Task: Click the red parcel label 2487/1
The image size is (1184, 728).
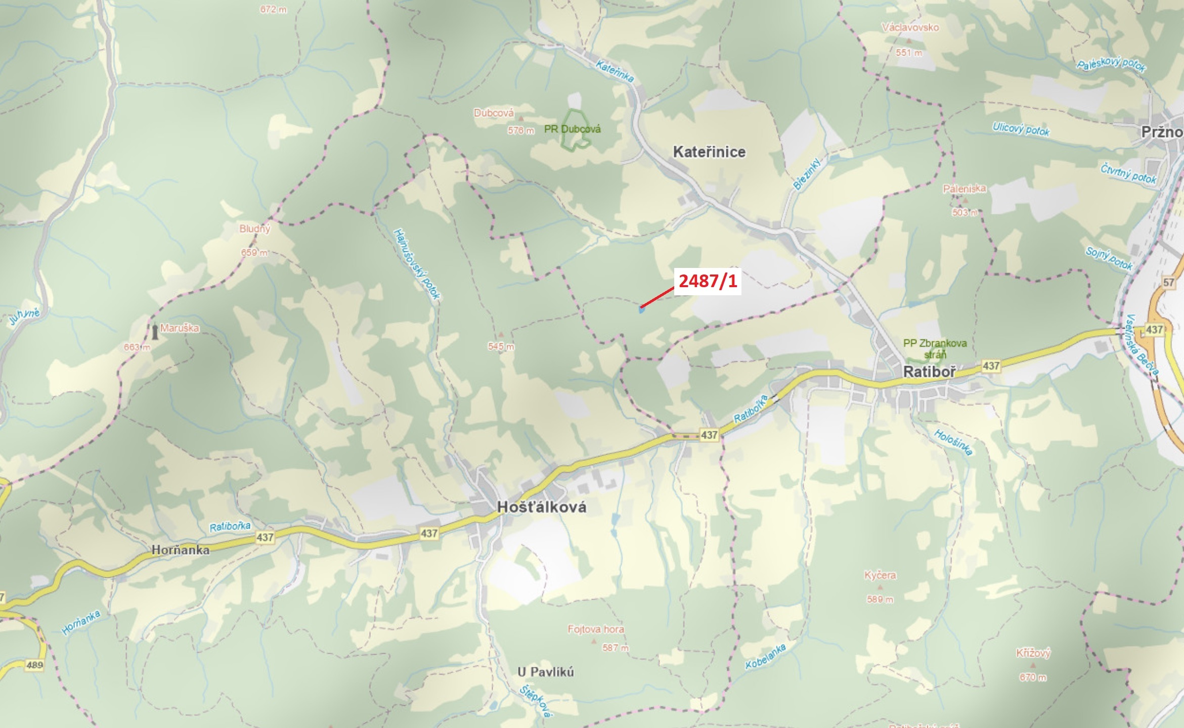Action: point(708,281)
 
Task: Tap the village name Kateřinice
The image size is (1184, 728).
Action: point(709,152)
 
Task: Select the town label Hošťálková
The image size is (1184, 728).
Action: point(542,507)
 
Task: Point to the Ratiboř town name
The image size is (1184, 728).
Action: point(930,372)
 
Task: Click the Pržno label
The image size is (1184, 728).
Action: point(1162,132)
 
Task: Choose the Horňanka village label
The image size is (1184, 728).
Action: point(181,550)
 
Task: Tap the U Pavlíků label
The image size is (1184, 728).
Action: point(545,672)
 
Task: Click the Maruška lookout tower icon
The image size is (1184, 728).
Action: point(154,332)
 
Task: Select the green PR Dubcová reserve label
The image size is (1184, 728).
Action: point(572,129)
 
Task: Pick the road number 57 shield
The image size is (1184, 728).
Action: point(1168,283)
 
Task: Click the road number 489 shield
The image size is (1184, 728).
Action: point(34,665)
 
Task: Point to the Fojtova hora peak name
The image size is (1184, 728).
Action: point(595,629)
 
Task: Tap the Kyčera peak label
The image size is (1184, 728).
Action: point(880,575)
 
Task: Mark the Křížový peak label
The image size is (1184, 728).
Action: point(1033,653)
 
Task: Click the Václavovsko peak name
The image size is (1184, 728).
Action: point(910,27)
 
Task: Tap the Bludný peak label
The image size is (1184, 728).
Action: point(254,229)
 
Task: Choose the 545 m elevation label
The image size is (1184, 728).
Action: point(501,346)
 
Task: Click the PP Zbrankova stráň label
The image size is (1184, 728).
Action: point(935,348)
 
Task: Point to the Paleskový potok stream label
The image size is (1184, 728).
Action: point(1111,65)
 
